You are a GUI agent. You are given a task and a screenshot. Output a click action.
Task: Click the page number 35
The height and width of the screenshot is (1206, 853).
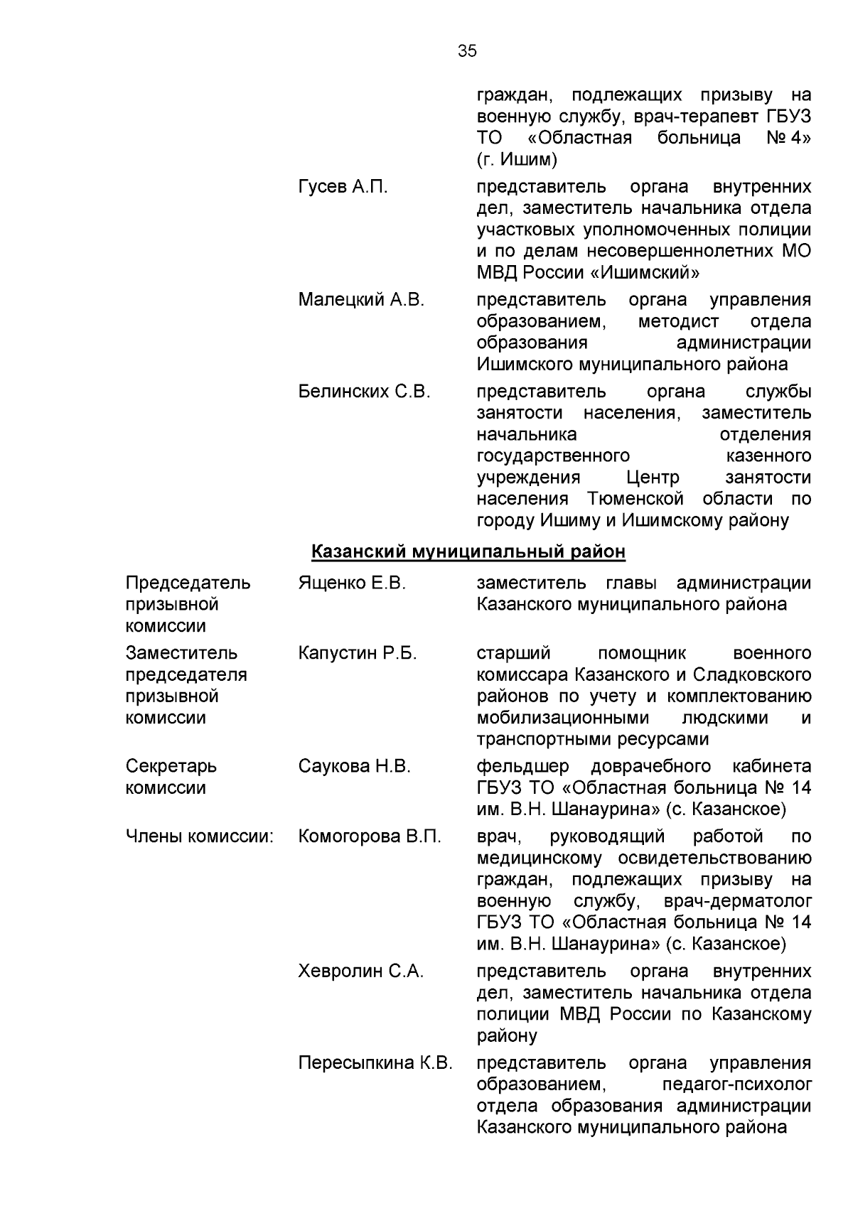point(467,51)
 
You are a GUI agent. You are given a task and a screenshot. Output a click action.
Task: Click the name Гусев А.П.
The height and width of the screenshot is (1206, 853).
point(343,187)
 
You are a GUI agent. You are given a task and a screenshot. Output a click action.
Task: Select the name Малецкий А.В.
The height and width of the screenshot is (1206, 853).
point(361,300)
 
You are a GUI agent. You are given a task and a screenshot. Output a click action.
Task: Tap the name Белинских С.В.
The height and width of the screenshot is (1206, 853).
point(364,392)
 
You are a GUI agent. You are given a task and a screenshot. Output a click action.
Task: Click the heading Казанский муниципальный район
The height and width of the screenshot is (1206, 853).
point(468,551)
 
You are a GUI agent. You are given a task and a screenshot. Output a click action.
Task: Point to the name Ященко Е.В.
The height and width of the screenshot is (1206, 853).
point(352,583)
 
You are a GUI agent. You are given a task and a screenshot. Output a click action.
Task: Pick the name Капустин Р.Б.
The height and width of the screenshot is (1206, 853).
point(358,653)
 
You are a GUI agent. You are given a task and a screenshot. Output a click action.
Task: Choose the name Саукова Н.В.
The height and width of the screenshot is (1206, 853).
point(355,766)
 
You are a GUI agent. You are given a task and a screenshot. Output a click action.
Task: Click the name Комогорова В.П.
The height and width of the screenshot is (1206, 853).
point(370,836)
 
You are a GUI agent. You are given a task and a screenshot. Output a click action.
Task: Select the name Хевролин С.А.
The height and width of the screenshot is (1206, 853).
point(361,971)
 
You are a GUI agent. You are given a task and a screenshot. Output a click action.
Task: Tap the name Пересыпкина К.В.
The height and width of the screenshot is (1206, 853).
point(375,1063)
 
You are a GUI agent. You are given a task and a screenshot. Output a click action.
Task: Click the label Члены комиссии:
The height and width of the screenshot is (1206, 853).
point(199,836)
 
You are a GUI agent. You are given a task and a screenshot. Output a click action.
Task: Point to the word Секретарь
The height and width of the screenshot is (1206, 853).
point(171,766)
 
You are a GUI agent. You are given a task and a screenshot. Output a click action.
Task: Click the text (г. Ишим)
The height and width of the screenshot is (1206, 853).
point(517,159)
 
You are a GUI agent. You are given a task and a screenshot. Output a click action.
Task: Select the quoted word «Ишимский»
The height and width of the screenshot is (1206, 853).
point(645,272)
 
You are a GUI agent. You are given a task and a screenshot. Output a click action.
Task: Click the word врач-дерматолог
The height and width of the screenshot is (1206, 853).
point(736,901)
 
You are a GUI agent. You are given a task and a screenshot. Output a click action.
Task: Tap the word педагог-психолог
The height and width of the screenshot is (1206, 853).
point(736,1085)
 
